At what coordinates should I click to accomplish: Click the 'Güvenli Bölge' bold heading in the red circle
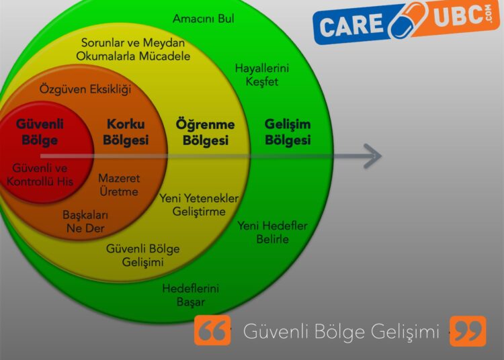(40, 132)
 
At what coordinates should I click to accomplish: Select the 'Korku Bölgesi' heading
(126, 132)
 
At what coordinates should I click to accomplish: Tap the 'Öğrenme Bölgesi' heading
(206, 132)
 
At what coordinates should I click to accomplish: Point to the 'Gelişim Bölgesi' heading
(288, 132)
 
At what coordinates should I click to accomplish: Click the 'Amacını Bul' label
(203, 19)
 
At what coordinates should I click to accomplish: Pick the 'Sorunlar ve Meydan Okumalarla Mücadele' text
(133, 50)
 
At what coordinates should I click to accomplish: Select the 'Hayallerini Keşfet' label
(262, 75)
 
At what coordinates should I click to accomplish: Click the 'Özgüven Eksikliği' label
(85, 89)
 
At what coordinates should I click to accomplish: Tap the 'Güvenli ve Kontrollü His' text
(40, 175)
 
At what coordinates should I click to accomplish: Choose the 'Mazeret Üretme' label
(119, 185)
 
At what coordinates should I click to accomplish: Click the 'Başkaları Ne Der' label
(85, 222)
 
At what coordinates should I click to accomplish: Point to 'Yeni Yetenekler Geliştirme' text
(199, 205)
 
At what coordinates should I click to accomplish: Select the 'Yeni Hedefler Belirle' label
(273, 232)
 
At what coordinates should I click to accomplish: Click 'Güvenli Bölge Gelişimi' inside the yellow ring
(142, 255)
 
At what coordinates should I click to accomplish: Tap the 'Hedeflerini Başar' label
(191, 295)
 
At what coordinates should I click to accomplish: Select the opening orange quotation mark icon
(212, 330)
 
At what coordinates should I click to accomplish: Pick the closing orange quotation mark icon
(468, 331)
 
